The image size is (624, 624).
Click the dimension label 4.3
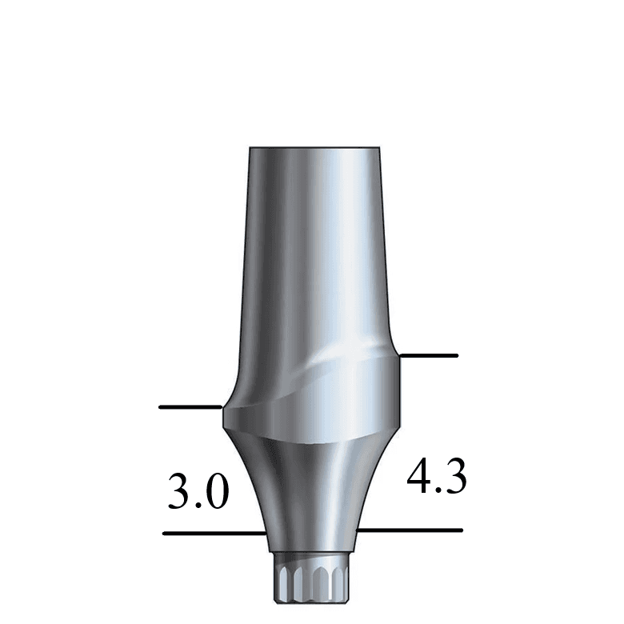click(437, 477)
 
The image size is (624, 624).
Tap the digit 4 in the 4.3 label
click(418, 477)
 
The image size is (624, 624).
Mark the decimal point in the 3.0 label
click(198, 507)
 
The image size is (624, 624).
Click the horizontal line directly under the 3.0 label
click(213, 533)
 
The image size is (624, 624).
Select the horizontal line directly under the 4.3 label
click(409, 530)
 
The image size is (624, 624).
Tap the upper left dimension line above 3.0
click(190, 407)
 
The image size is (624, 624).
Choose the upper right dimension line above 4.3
click(429, 354)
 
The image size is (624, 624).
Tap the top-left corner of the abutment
click(250, 149)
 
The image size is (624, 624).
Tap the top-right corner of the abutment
click(379, 149)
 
